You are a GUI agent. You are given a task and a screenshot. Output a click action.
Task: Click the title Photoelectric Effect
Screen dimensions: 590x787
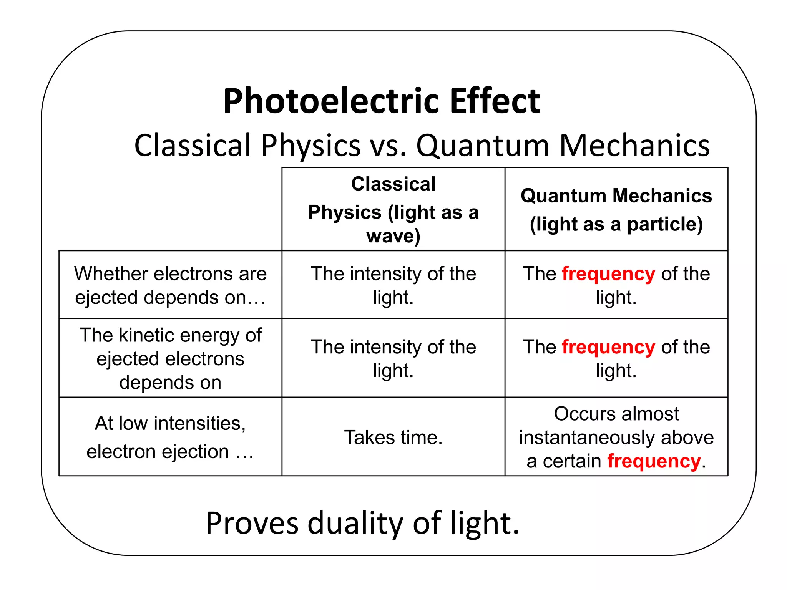[x=382, y=101]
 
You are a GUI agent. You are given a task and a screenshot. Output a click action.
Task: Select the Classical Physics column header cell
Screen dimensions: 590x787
[x=393, y=209]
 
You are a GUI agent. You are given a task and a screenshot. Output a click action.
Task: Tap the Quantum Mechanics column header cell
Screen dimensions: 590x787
[x=616, y=209]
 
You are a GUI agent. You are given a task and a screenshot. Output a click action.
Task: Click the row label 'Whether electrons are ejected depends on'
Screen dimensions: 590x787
[x=170, y=285]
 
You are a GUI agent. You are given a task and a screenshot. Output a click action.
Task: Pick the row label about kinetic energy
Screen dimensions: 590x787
[x=170, y=358]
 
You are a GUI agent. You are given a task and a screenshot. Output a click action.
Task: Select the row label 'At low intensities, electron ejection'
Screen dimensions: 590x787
[x=170, y=437]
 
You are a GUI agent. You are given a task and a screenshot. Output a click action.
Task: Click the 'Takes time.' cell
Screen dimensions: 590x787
[x=393, y=437]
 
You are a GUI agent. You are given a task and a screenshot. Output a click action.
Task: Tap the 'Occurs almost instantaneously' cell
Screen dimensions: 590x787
[x=616, y=437]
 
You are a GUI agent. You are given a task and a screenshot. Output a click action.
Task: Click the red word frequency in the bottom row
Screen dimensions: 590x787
[x=654, y=461]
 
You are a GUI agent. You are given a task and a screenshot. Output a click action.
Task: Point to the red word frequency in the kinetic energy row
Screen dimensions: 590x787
[x=608, y=347]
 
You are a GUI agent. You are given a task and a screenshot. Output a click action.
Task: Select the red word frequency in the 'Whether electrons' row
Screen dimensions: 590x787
[x=608, y=274]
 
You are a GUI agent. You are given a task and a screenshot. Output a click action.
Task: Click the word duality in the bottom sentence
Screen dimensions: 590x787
[x=355, y=523]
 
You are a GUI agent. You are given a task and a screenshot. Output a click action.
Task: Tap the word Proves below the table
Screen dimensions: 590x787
[x=252, y=523]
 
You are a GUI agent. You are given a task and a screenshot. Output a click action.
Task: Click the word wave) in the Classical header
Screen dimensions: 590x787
[x=393, y=236]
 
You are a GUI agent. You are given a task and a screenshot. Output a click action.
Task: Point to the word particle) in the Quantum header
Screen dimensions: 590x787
[x=665, y=224]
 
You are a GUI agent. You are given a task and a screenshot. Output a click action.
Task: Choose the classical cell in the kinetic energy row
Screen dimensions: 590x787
[x=393, y=358]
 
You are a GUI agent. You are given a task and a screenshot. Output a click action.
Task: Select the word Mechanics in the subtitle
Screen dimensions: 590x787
[x=634, y=146]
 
